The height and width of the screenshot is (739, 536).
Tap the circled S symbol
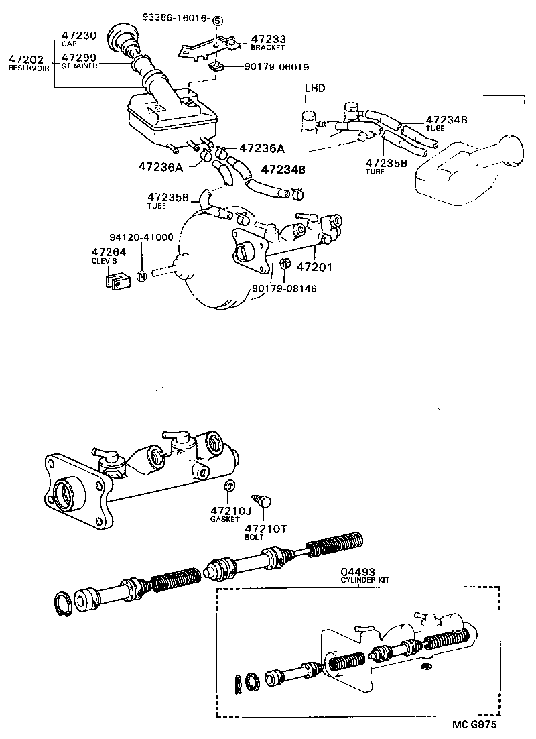217,21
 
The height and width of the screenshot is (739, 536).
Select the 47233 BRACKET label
268,43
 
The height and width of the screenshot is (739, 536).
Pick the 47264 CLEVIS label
104,255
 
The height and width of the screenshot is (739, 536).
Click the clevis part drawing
116,280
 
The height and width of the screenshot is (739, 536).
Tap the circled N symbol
141,275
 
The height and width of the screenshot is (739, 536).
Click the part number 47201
315,267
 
